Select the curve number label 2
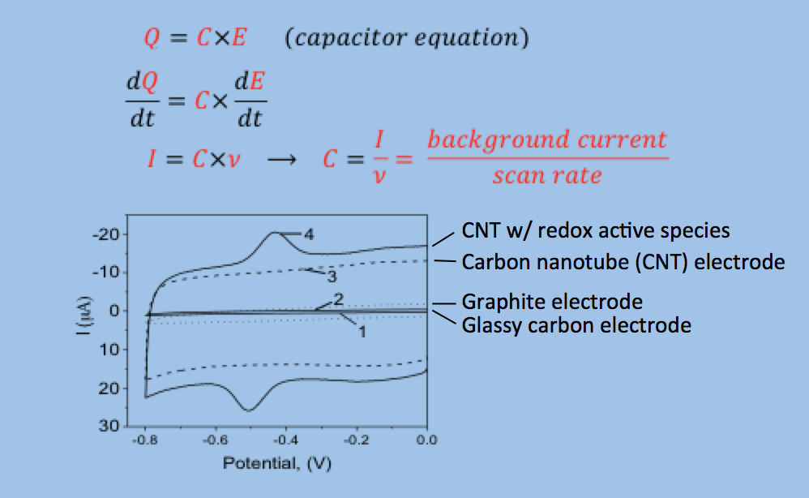339,299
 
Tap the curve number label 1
362,331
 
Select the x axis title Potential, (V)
278,464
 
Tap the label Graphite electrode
552,302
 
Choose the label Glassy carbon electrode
576,325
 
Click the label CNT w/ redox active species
596,230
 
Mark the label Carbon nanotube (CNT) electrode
623,262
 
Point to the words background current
546,140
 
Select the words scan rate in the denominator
546,174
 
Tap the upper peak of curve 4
276,233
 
